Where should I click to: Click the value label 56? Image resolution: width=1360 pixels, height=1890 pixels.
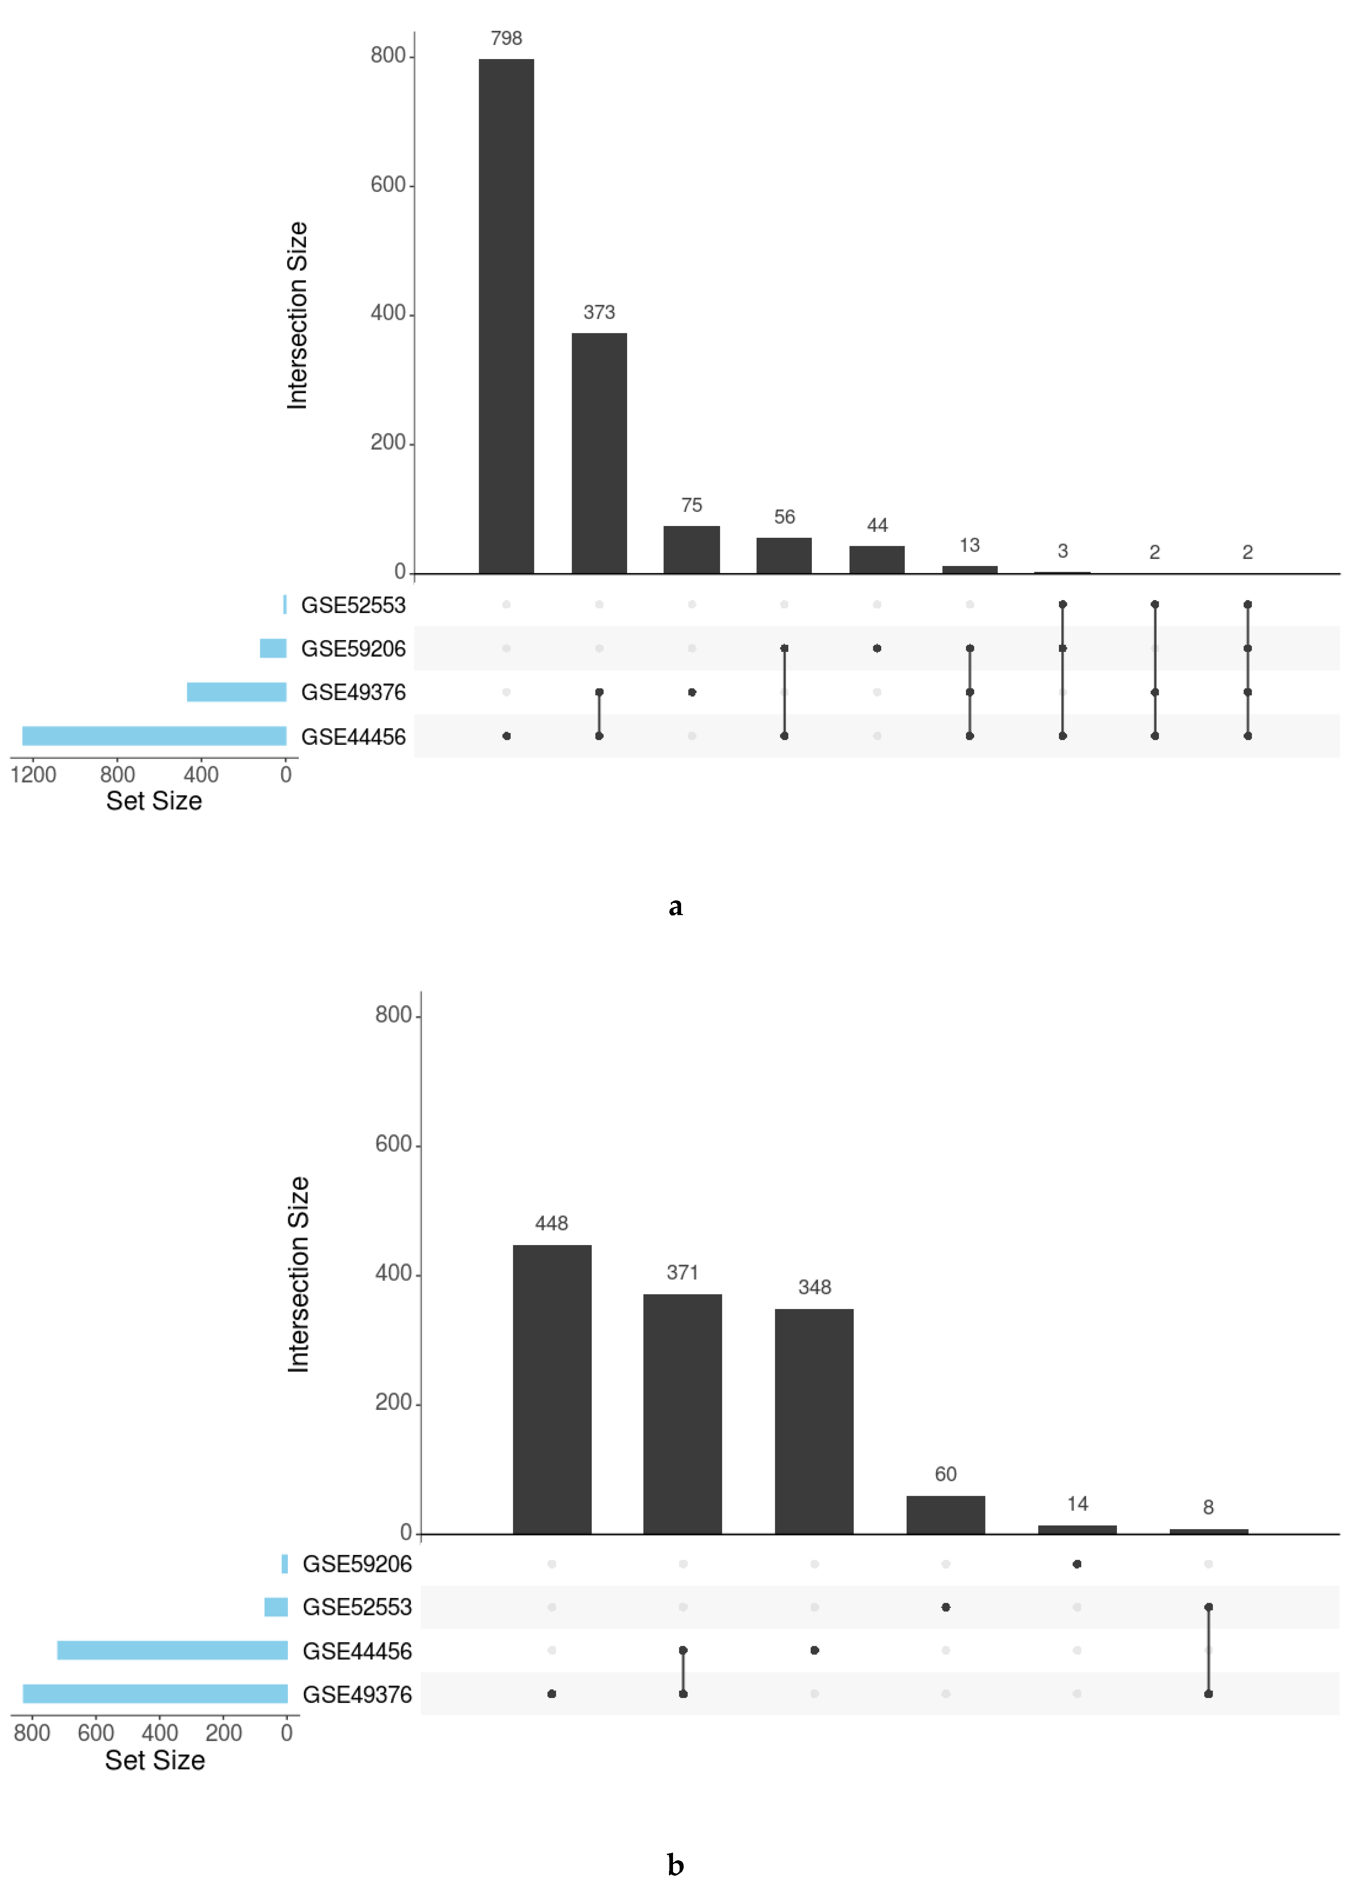pos(784,517)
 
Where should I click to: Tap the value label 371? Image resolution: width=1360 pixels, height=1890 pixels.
pos(683,1273)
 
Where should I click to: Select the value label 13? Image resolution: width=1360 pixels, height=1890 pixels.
pos(969,545)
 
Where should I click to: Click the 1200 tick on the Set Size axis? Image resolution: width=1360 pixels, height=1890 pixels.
pos(33,775)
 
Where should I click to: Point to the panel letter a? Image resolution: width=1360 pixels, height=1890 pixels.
pos(676,907)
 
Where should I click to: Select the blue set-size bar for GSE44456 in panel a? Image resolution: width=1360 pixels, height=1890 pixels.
pos(154,736)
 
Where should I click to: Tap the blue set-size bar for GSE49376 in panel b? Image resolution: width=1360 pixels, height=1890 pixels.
pos(155,1693)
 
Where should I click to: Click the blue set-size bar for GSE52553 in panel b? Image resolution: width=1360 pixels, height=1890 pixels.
pos(276,1607)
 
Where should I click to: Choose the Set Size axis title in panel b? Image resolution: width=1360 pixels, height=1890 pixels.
pos(155,1760)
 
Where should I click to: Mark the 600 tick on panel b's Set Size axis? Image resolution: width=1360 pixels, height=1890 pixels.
pos(96,1733)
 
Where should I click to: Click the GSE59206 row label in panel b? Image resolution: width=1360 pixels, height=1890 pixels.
pos(357,1564)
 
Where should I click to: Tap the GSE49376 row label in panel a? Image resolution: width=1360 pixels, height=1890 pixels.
pos(353,693)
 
